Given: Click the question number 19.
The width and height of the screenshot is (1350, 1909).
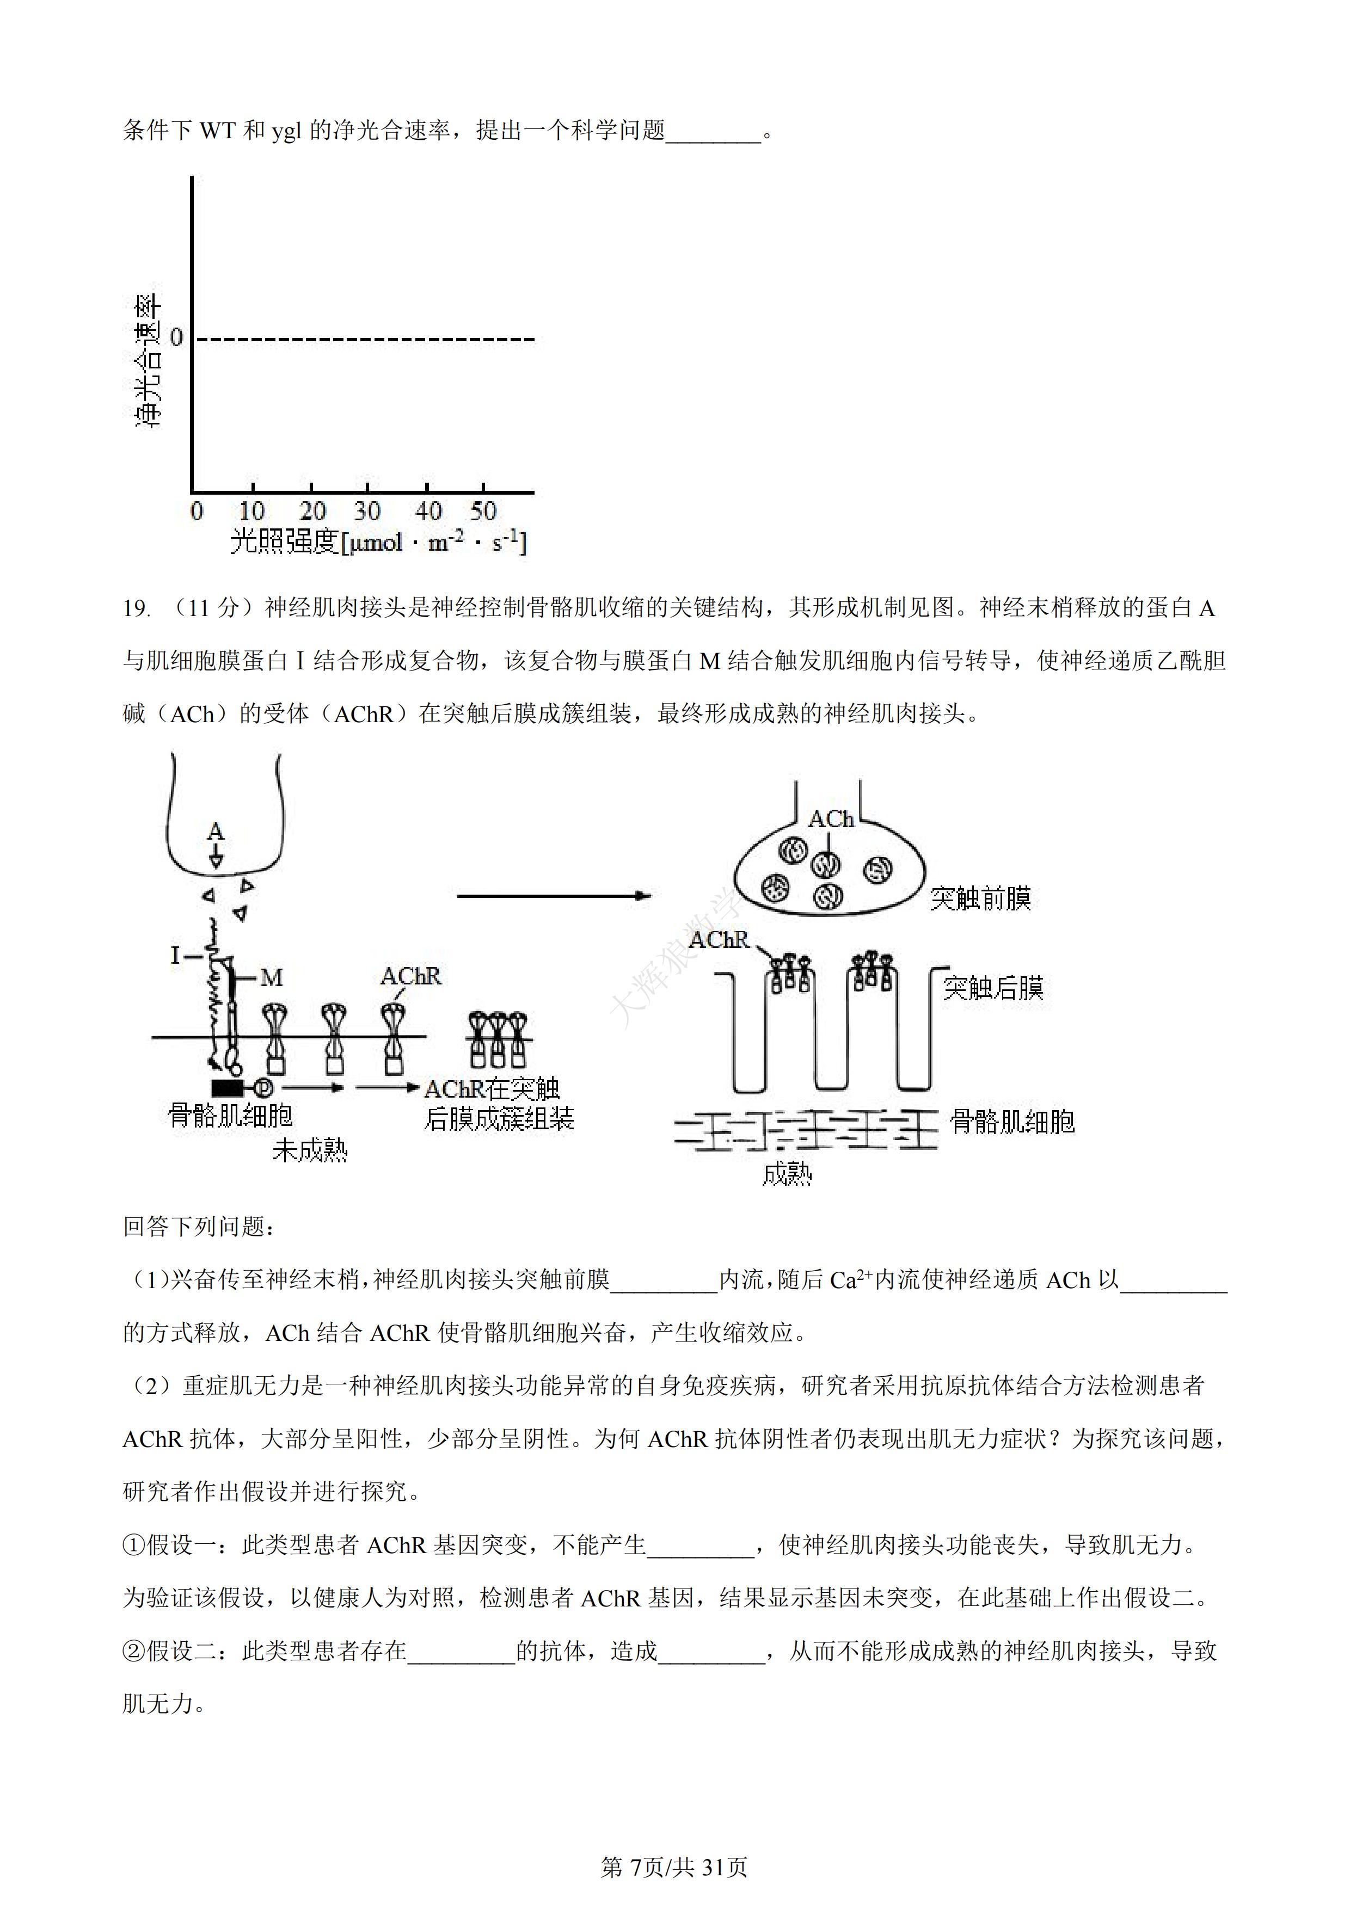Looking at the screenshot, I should [137, 608].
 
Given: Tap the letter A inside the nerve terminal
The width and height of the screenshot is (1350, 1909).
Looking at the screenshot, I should [216, 832].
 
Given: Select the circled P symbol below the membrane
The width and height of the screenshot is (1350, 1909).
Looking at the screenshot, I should [263, 1087].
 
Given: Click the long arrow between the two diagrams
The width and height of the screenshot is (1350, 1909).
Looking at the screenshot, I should [553, 896].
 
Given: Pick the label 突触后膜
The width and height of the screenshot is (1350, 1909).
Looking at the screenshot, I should [993, 988].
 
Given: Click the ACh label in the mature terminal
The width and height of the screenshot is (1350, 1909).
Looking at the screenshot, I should [831, 819].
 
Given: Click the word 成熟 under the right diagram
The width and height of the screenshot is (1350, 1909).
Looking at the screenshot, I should [787, 1173].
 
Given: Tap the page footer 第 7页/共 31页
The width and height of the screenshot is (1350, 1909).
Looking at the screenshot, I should [674, 1868].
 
